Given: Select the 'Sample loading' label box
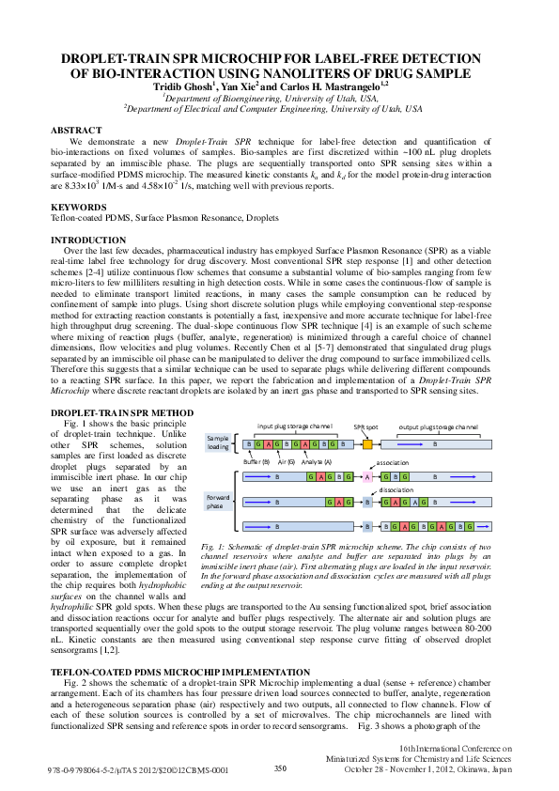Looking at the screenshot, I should [x=218, y=442].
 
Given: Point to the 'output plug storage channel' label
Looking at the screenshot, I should [x=439, y=427].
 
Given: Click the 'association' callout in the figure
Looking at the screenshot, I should [x=392, y=463].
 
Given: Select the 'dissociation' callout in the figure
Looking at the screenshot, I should [x=396, y=489].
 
